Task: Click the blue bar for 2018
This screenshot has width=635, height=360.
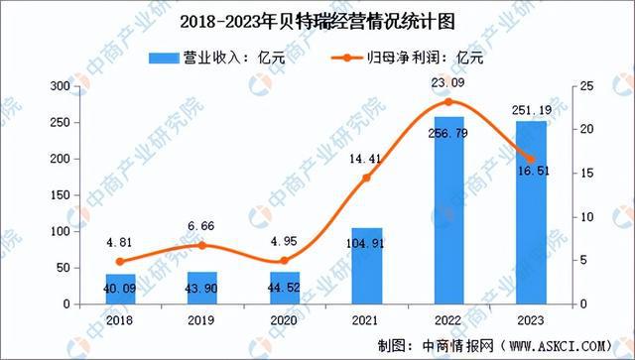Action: tap(121, 288)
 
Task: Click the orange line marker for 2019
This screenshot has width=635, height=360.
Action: tap(203, 245)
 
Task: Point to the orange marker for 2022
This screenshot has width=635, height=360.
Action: tap(448, 102)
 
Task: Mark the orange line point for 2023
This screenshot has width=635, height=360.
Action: tap(531, 159)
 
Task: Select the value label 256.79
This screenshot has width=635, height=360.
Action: tap(448, 131)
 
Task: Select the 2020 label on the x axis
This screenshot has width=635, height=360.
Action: tap(285, 320)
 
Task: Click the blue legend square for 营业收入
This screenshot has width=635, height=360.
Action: tap(164, 57)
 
